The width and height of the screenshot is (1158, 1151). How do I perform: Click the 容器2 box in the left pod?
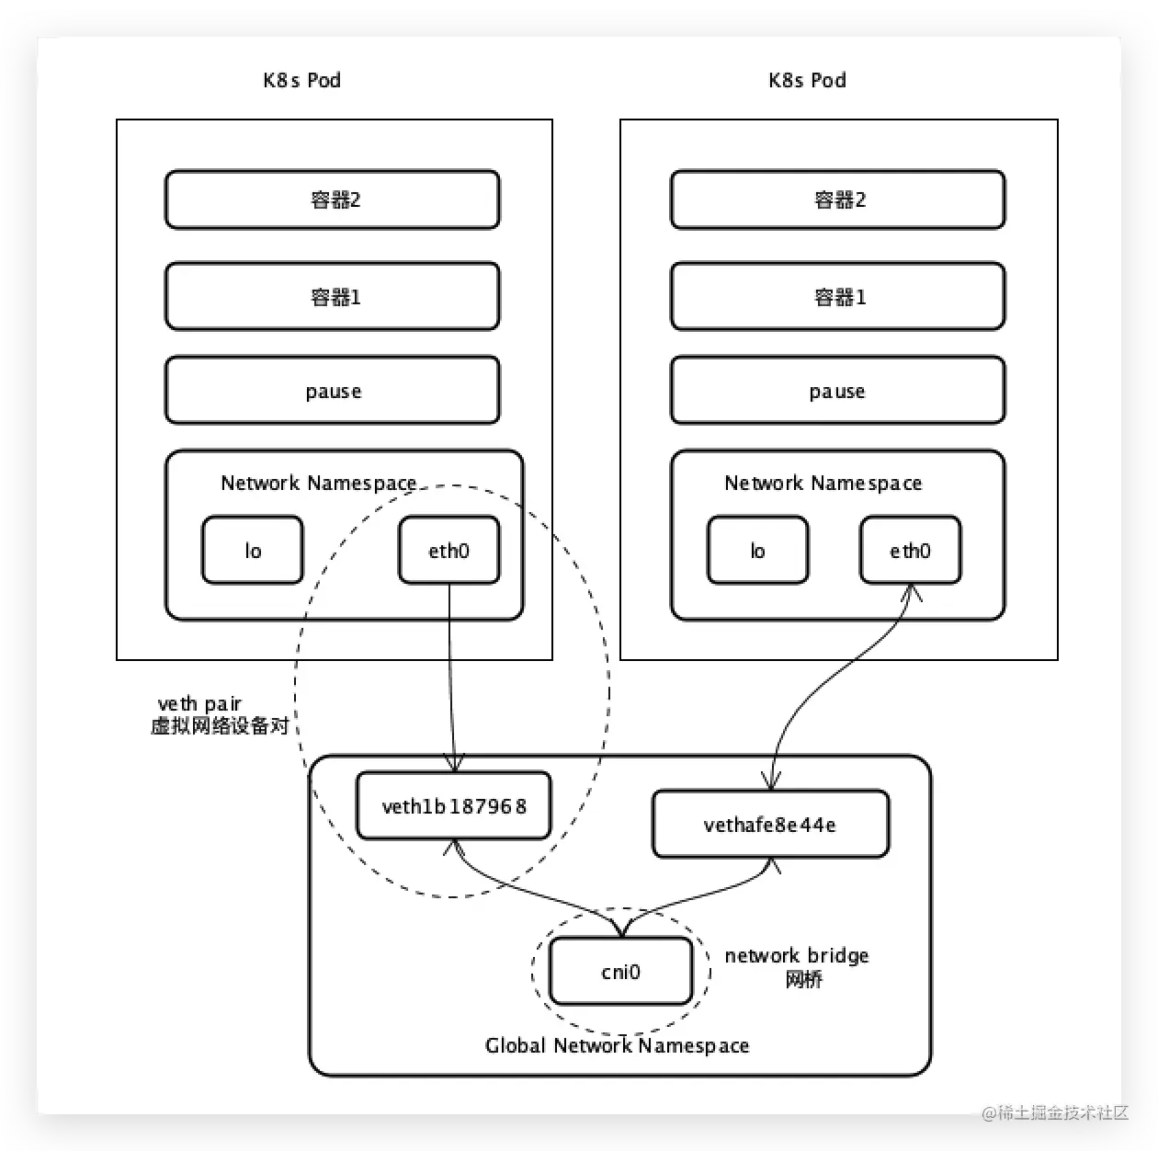point(333,199)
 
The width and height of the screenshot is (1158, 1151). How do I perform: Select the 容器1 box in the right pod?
point(837,296)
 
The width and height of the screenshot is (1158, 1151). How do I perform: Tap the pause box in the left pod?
point(333,390)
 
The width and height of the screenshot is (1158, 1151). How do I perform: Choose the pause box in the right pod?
point(837,390)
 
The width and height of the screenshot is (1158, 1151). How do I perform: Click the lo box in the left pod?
point(253,550)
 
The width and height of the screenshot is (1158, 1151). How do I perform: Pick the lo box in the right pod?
point(758,550)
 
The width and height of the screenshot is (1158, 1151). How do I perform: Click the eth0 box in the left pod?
point(448,550)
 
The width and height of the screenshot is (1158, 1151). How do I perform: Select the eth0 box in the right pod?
point(911,550)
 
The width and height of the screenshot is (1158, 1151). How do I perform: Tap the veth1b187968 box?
point(454,805)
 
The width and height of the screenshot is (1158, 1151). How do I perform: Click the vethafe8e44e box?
point(770,824)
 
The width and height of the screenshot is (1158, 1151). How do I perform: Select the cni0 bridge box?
point(621,971)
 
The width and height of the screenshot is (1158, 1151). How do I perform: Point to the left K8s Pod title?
point(301,80)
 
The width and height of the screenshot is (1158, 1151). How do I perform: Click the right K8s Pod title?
point(807,80)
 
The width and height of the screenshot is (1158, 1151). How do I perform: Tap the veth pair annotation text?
point(220,714)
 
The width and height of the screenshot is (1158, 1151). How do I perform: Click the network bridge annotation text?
point(797,967)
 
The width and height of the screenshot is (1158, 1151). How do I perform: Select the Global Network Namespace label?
point(618,1046)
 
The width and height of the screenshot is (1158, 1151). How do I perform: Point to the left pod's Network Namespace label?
point(319,483)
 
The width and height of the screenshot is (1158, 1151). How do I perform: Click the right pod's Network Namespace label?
point(823,483)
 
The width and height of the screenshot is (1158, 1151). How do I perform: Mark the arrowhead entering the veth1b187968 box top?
point(454,764)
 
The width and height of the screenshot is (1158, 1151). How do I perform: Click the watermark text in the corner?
point(1055,1112)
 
